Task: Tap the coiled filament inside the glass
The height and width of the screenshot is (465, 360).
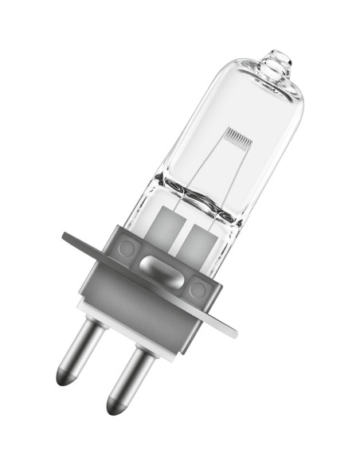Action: click(x=237, y=135)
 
